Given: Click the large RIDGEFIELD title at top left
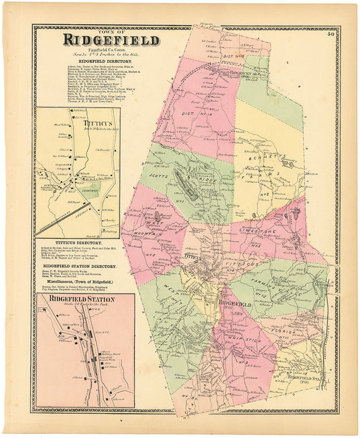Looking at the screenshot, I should click(x=111, y=40).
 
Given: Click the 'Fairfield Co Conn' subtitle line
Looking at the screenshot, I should click(x=99, y=49).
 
